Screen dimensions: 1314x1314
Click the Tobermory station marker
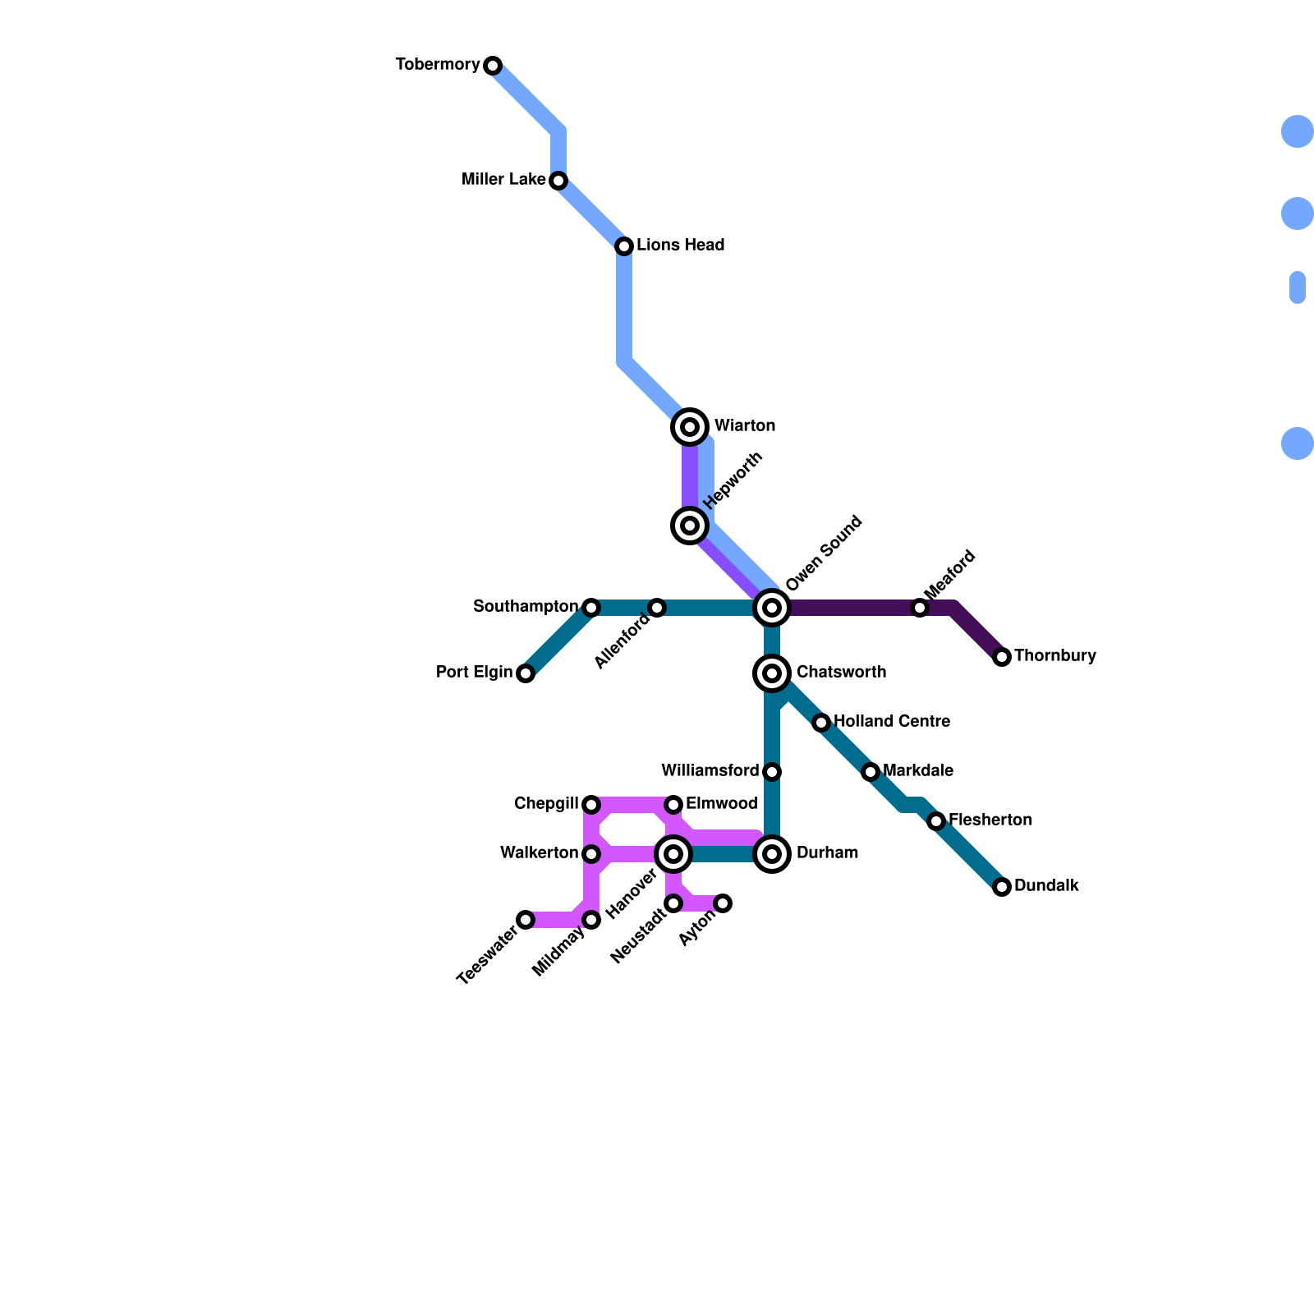(493, 66)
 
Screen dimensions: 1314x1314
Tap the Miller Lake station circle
(558, 181)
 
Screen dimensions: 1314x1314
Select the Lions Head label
(680, 246)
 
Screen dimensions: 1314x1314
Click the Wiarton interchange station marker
(691, 427)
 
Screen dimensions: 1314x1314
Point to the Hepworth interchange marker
(691, 526)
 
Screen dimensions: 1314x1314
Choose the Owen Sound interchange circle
(772, 608)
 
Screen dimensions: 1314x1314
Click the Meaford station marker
(920, 608)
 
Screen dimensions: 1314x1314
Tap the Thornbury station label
(1054, 656)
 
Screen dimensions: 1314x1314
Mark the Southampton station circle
(591, 608)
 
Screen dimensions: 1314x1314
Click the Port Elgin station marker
(526, 673)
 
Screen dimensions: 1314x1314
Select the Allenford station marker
(657, 608)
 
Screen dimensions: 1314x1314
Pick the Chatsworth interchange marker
(772, 673)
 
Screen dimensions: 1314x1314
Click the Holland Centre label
(891, 722)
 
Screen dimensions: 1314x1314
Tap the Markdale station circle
(871, 772)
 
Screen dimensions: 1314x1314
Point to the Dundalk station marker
(1002, 887)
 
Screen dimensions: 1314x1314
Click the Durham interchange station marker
(772, 854)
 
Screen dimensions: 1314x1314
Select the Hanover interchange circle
(673, 854)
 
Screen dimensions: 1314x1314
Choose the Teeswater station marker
(526, 920)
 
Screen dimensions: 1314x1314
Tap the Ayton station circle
(723, 903)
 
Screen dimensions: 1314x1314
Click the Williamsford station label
(710, 771)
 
